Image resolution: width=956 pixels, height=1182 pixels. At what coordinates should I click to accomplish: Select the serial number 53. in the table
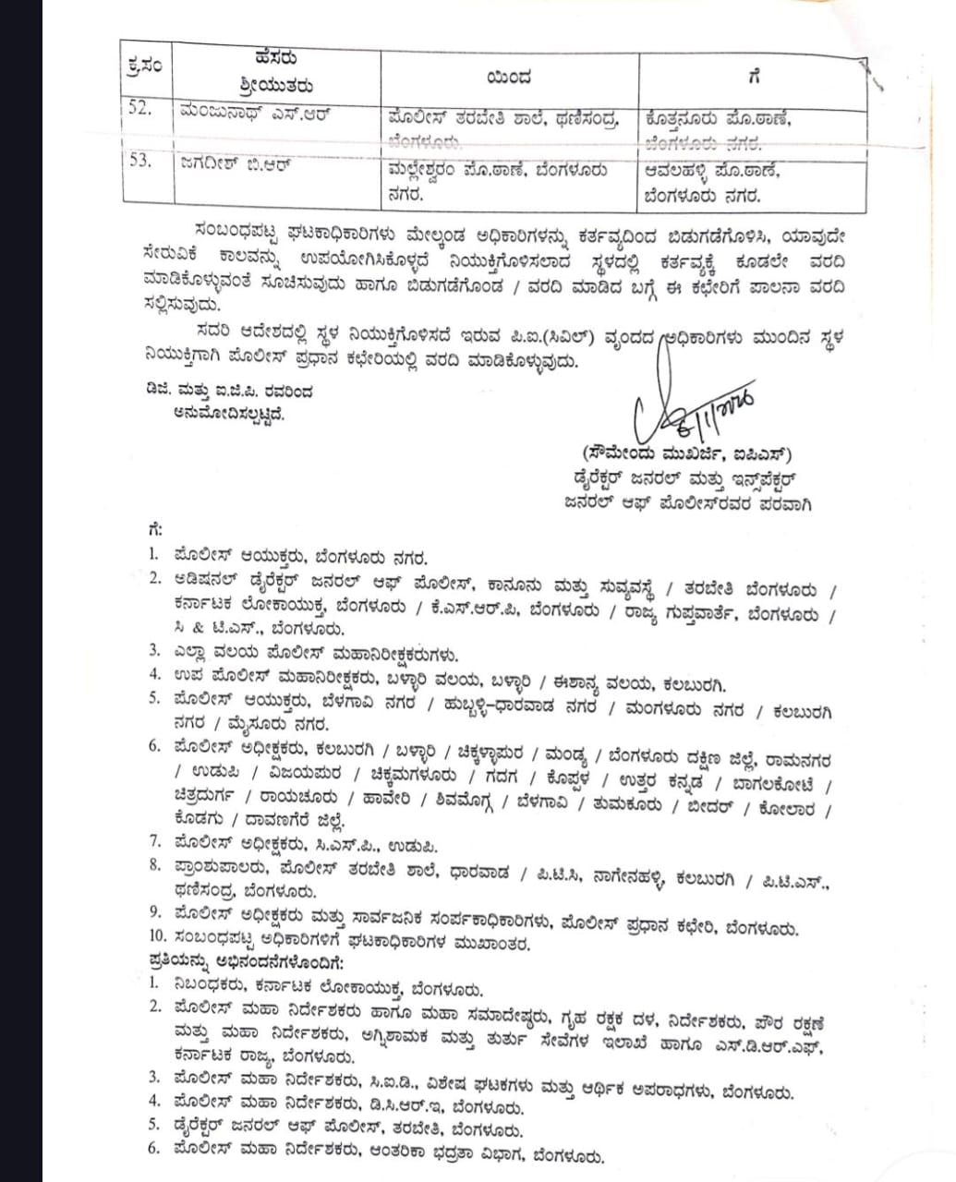point(140,160)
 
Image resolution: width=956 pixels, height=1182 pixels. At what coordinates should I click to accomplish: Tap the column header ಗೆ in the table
point(755,77)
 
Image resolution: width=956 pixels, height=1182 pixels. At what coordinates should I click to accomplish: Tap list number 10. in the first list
point(157,941)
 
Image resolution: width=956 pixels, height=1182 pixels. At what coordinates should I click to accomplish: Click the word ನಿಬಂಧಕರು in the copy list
point(212,984)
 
